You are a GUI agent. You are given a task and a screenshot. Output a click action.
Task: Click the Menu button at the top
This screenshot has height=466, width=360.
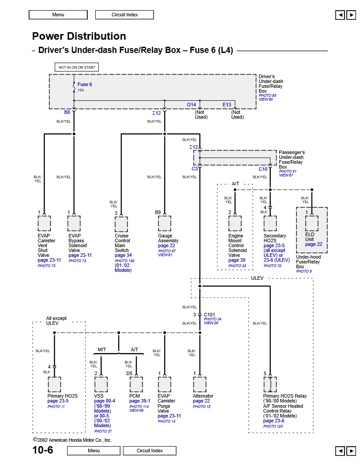click(58, 15)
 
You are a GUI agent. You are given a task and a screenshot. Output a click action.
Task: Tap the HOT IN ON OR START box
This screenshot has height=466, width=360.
click(77, 68)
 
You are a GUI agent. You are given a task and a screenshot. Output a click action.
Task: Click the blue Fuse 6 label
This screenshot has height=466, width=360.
click(85, 84)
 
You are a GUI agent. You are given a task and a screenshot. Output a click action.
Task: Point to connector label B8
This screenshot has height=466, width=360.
click(67, 113)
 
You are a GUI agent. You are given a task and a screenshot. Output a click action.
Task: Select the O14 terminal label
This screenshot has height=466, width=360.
click(191, 105)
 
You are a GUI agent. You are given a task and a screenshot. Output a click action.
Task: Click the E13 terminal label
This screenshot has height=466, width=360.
click(227, 105)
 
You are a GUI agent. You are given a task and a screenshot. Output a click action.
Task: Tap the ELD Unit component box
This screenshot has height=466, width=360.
click(311, 223)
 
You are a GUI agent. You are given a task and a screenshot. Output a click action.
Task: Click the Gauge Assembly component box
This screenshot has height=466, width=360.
click(164, 224)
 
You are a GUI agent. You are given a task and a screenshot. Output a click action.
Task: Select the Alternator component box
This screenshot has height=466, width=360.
click(199, 384)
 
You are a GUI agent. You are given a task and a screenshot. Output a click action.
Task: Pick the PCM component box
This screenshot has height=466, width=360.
click(136, 384)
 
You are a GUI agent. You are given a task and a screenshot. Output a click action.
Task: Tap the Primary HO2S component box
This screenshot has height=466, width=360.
click(54, 384)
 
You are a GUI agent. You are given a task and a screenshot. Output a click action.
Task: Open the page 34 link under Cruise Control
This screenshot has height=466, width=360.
click(123, 255)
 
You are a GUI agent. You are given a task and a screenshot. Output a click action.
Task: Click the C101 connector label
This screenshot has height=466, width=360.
click(210, 315)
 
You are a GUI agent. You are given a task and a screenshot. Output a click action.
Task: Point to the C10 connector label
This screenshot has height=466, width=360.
click(263, 169)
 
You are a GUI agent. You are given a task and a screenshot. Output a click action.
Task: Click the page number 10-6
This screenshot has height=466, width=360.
click(43, 450)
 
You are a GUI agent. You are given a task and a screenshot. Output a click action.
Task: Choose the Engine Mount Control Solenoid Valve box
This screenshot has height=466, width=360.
click(235, 224)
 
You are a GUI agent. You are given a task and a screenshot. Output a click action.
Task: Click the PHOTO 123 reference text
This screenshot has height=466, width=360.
click(273, 426)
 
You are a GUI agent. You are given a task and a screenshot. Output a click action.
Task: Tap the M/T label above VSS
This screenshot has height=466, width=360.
click(101, 349)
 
